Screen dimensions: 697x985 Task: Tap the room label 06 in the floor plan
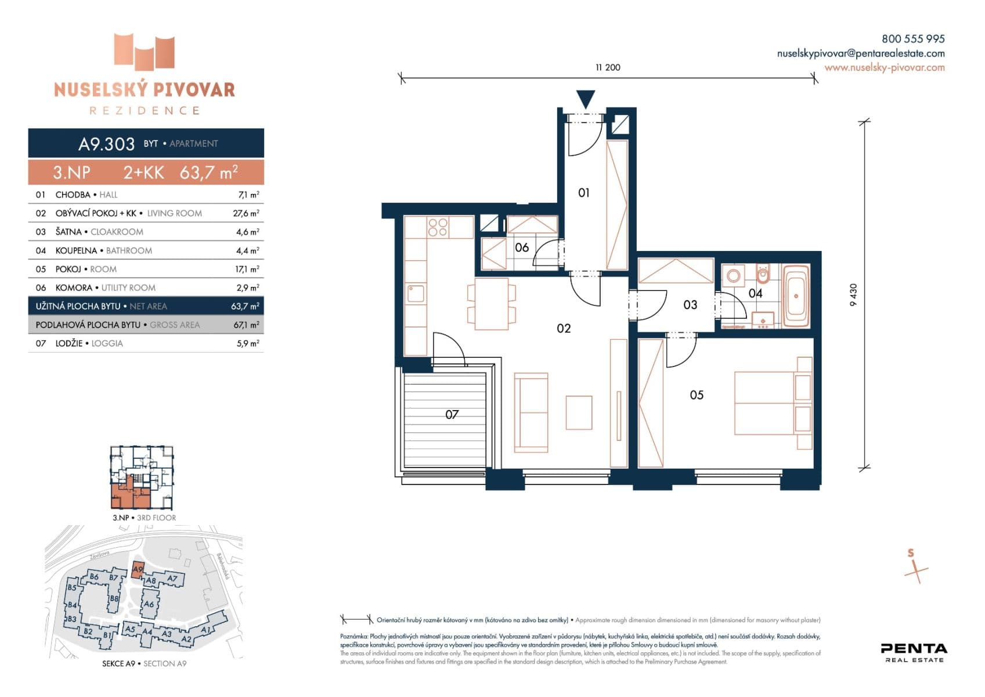[522, 247]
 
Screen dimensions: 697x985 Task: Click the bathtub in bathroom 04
[796, 296]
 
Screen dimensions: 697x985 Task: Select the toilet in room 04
[763, 274]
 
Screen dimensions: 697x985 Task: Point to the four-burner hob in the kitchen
[438, 227]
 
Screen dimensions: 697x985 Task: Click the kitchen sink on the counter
[416, 293]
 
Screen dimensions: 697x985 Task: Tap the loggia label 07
[452, 414]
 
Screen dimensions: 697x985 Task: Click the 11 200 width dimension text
[608, 67]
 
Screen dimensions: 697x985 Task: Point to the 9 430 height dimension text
[853, 295]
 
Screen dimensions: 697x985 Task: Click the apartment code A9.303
[106, 143]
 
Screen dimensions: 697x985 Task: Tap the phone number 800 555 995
[912, 39]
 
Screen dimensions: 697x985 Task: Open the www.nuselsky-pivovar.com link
[884, 67]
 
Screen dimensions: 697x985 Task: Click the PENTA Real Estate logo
[914, 652]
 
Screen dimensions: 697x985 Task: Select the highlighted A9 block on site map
[138, 570]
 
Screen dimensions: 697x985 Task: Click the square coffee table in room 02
[579, 412]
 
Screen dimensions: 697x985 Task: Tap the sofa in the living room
[531, 412]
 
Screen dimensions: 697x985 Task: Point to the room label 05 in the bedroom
[697, 395]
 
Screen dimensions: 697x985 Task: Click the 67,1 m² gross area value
[246, 325]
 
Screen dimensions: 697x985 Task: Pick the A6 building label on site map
[149, 604]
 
